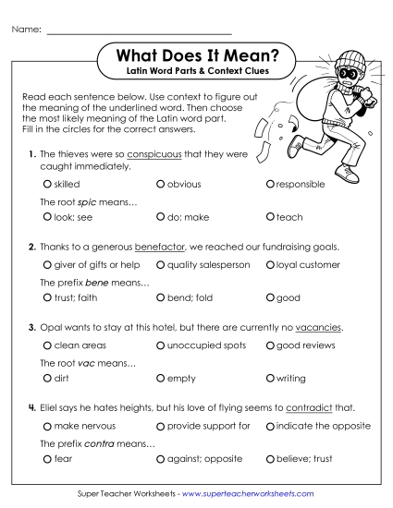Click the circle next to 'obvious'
point(161,185)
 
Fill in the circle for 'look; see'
point(47,216)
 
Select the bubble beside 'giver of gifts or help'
point(47,265)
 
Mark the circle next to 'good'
point(270,297)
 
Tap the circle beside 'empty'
point(161,378)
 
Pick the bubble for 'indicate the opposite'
point(270,426)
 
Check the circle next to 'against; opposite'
point(161,458)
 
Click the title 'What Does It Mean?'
point(201,57)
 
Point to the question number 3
point(31,328)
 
